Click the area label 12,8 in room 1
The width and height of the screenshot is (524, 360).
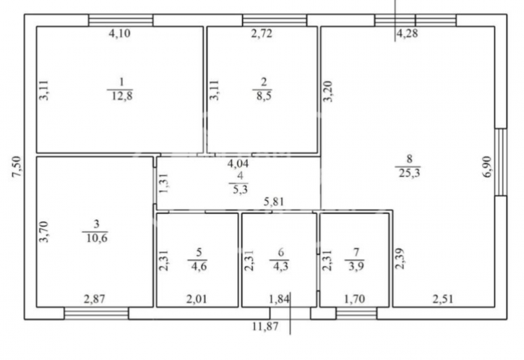121,96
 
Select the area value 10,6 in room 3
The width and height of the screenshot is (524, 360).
97,238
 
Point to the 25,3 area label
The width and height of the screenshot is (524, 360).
409,173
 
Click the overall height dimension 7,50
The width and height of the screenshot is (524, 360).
17,167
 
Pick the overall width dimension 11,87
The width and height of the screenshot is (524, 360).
265,326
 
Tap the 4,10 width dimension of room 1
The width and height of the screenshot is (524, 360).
120,33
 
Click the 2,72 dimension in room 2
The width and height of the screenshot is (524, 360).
262,33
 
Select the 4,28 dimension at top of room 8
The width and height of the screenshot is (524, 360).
407,33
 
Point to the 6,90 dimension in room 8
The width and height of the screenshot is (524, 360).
488,167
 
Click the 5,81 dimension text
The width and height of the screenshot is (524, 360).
274,202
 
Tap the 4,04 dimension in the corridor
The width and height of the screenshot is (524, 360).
238,163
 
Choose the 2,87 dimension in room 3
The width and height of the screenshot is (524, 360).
95,299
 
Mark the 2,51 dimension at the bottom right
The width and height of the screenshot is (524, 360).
443,299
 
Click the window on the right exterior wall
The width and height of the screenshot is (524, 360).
501,162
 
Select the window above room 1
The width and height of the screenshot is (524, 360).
121,20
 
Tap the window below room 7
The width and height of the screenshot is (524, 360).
356,313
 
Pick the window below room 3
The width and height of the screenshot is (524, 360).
96,313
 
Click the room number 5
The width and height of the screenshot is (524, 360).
199,252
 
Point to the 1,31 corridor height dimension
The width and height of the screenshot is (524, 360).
163,183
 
